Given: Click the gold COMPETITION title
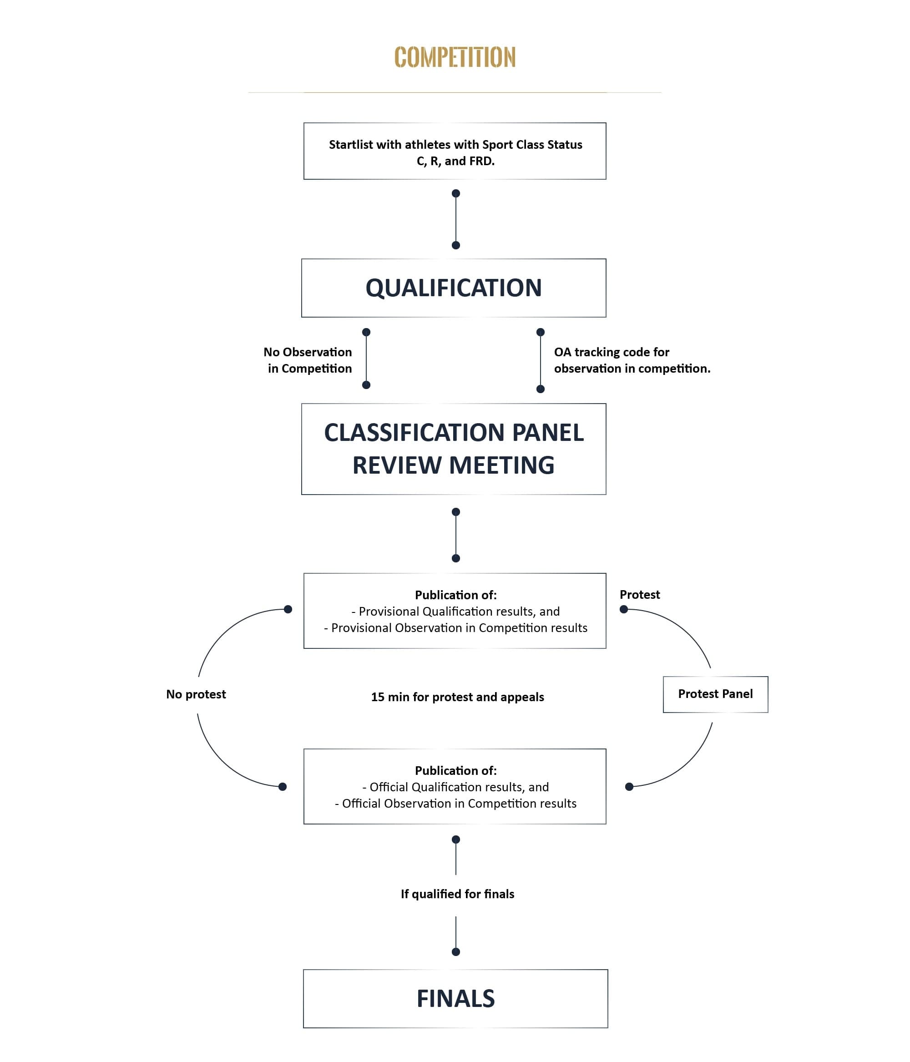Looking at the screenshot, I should click(x=454, y=57).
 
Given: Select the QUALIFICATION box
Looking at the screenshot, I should click(x=453, y=288).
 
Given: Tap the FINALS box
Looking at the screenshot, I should click(x=455, y=998).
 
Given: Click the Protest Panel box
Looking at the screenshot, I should click(x=715, y=694).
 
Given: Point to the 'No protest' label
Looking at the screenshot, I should click(x=196, y=694).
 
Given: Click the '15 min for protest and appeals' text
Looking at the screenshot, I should click(x=457, y=697).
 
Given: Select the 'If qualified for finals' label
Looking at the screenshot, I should click(x=457, y=894).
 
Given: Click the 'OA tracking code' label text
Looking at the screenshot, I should click(x=611, y=352).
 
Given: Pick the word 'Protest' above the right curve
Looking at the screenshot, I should click(x=639, y=595).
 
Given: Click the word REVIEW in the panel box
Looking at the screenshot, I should click(x=393, y=465).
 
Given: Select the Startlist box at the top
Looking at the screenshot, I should click(x=454, y=151).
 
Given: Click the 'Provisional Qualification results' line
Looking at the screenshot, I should click(x=455, y=612).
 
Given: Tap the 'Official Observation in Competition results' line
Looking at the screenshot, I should click(x=455, y=803).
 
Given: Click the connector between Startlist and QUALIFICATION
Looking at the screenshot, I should click(x=456, y=219).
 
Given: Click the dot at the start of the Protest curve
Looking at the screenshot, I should click(x=623, y=609).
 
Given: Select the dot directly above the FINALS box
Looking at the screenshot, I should click(x=456, y=952).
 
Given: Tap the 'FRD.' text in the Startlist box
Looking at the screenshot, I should click(x=481, y=161).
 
